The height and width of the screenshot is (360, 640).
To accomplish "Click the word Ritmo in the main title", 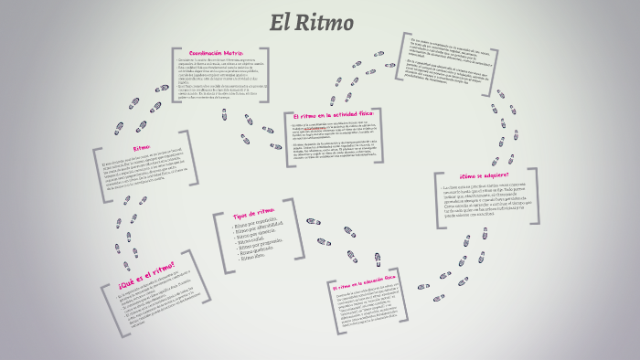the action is (334, 21).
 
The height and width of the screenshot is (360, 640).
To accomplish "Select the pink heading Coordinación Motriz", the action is (216, 54).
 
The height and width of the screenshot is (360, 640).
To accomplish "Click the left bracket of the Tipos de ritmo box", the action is (219, 241).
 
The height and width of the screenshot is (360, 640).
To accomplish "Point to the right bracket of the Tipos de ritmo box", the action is (302, 234).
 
